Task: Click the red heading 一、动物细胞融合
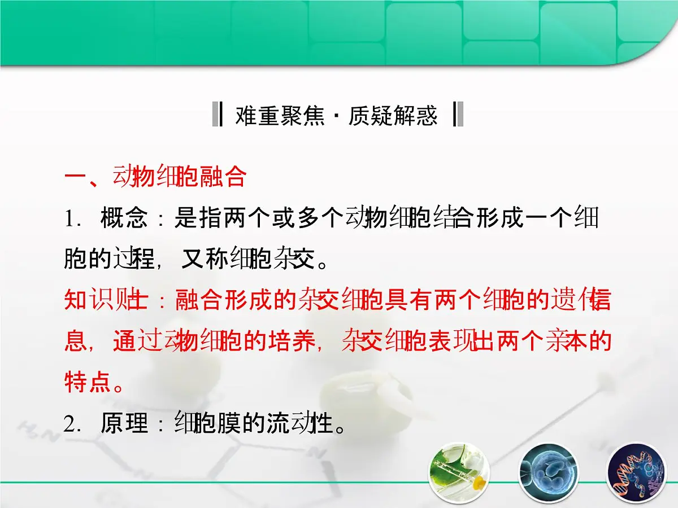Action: click(x=155, y=177)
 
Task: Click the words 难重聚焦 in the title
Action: click(x=280, y=116)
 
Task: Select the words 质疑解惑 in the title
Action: click(x=393, y=116)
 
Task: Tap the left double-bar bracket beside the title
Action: click(x=217, y=115)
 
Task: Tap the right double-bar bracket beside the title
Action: click(x=458, y=115)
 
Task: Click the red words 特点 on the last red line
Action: click(x=88, y=382)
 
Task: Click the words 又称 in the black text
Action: click(x=205, y=259)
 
